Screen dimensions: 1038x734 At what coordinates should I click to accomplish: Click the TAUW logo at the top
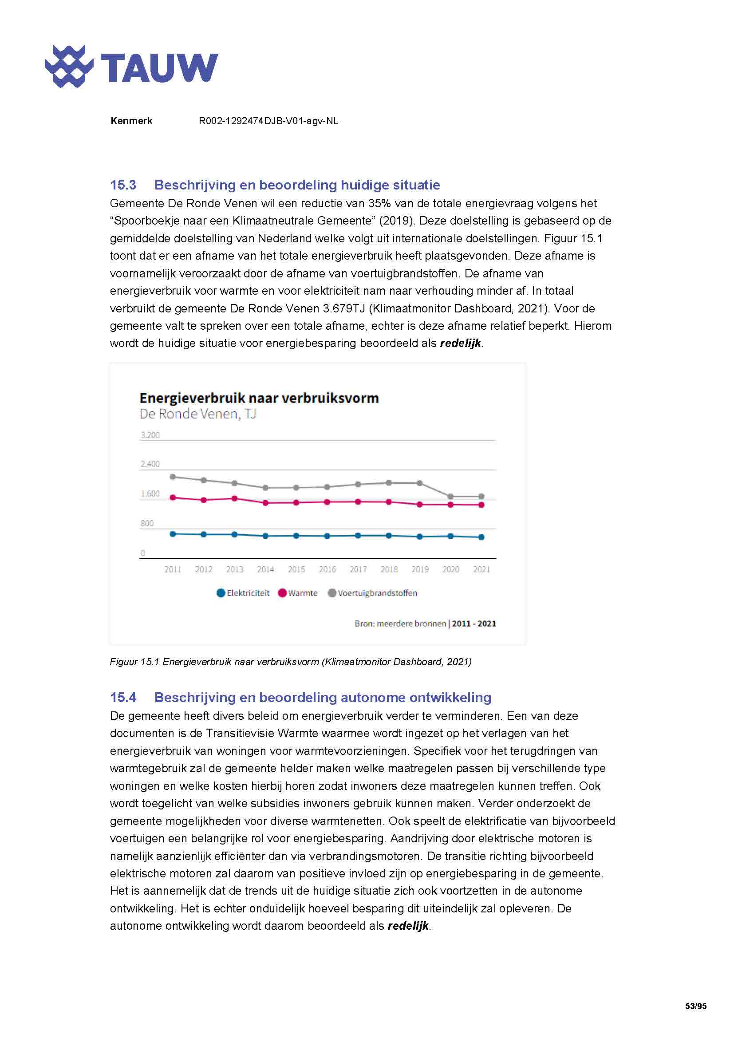(131, 67)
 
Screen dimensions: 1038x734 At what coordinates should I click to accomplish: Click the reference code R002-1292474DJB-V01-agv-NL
(268, 121)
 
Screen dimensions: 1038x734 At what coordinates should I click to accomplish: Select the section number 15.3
(123, 185)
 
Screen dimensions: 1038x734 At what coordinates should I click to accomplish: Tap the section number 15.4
(123, 697)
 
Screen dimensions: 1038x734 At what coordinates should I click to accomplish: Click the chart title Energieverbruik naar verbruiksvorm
(259, 398)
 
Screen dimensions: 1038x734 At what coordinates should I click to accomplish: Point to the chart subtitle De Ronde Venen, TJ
(197, 414)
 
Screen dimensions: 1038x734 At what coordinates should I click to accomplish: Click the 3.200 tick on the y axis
(150, 435)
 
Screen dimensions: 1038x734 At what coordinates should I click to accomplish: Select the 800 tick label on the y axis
(147, 524)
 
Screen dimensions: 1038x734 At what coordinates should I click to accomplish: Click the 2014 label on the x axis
(265, 570)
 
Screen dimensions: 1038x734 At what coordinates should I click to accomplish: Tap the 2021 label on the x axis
(481, 570)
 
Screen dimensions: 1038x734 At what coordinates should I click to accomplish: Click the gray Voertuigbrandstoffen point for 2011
(172, 477)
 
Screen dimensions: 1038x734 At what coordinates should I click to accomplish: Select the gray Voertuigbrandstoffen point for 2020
(450, 497)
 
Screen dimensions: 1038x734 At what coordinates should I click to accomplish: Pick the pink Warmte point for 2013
(235, 498)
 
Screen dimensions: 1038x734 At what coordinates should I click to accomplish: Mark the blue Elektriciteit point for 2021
(481, 537)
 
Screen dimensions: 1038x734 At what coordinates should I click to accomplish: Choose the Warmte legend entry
(298, 593)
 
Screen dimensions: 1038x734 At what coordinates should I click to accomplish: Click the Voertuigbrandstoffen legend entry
(372, 593)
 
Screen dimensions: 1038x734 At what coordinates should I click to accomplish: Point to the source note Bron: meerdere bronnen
(400, 624)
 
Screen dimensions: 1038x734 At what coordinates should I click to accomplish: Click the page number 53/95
(695, 1006)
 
